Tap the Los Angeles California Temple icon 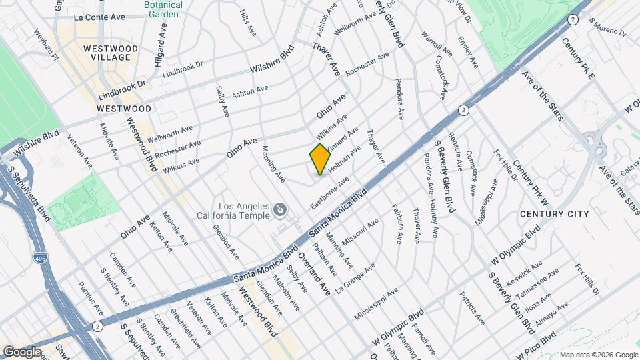tap(281, 211)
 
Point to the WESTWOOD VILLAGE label tap(111, 53)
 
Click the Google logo tap(22, 351)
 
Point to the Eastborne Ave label tap(329, 193)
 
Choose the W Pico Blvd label tap(539, 342)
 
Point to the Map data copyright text tap(597, 354)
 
